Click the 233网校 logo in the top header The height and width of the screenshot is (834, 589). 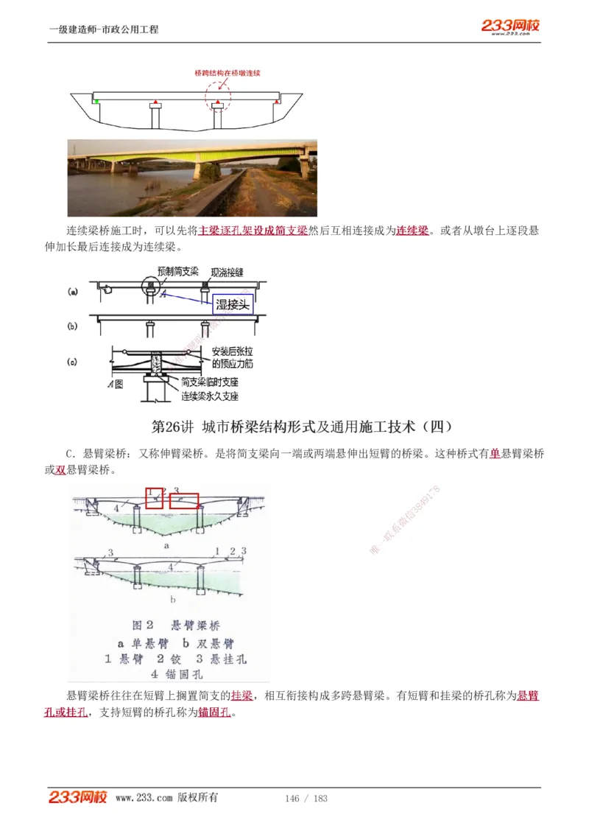[x=510, y=27]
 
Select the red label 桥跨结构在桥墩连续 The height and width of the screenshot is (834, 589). [x=228, y=73]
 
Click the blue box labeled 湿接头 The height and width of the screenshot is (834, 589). [x=233, y=304]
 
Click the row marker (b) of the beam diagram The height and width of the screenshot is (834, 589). [x=72, y=325]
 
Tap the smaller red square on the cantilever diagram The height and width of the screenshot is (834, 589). [x=154, y=499]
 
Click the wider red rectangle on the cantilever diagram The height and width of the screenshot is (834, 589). [x=184, y=501]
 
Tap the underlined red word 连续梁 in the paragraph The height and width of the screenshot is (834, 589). [x=412, y=231]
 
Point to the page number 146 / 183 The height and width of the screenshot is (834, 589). [x=306, y=799]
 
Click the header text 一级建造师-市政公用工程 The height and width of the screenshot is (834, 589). [x=104, y=29]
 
